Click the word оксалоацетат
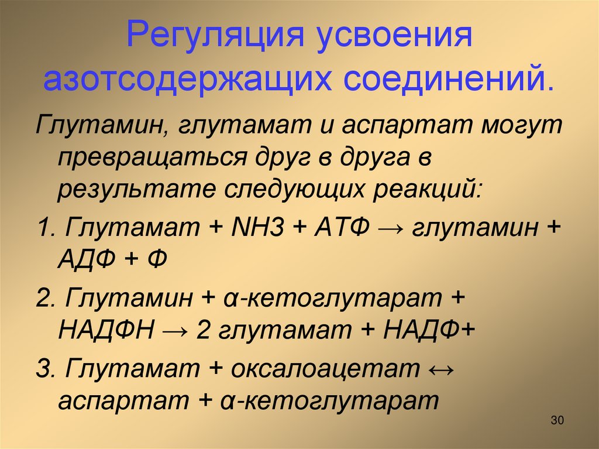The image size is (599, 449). (325, 368)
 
